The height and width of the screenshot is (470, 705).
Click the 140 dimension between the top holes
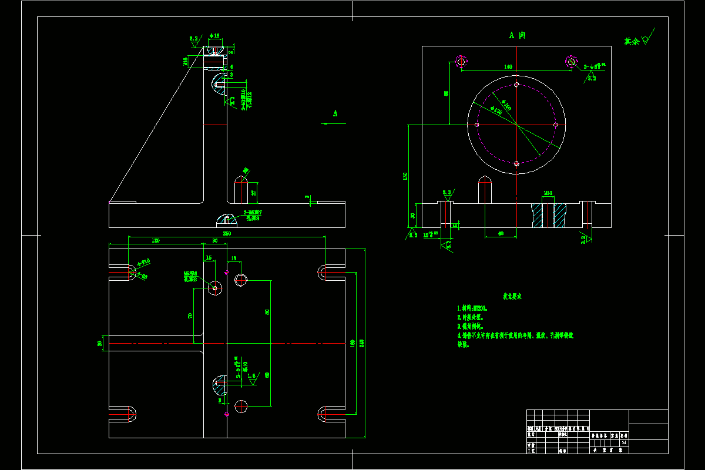(x=508, y=67)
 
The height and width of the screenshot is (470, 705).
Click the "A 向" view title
(x=517, y=35)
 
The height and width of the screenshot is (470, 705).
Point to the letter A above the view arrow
(x=335, y=113)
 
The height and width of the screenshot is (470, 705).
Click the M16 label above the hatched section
(x=548, y=193)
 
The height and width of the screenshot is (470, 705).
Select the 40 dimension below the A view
(x=500, y=233)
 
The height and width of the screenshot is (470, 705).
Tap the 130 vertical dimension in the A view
(x=405, y=176)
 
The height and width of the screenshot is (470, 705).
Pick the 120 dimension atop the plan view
(x=156, y=241)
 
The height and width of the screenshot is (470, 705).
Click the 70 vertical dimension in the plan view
(x=190, y=315)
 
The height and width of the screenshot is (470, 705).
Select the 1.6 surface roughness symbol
(x=252, y=376)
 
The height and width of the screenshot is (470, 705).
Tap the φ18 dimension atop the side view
(x=216, y=36)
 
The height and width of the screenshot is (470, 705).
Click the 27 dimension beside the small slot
(x=254, y=192)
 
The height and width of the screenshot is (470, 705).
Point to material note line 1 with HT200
(x=473, y=308)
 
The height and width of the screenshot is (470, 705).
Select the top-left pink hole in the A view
(x=461, y=61)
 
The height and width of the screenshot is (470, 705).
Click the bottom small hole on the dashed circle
(x=516, y=164)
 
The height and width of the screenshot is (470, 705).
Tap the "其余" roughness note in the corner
(x=632, y=42)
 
